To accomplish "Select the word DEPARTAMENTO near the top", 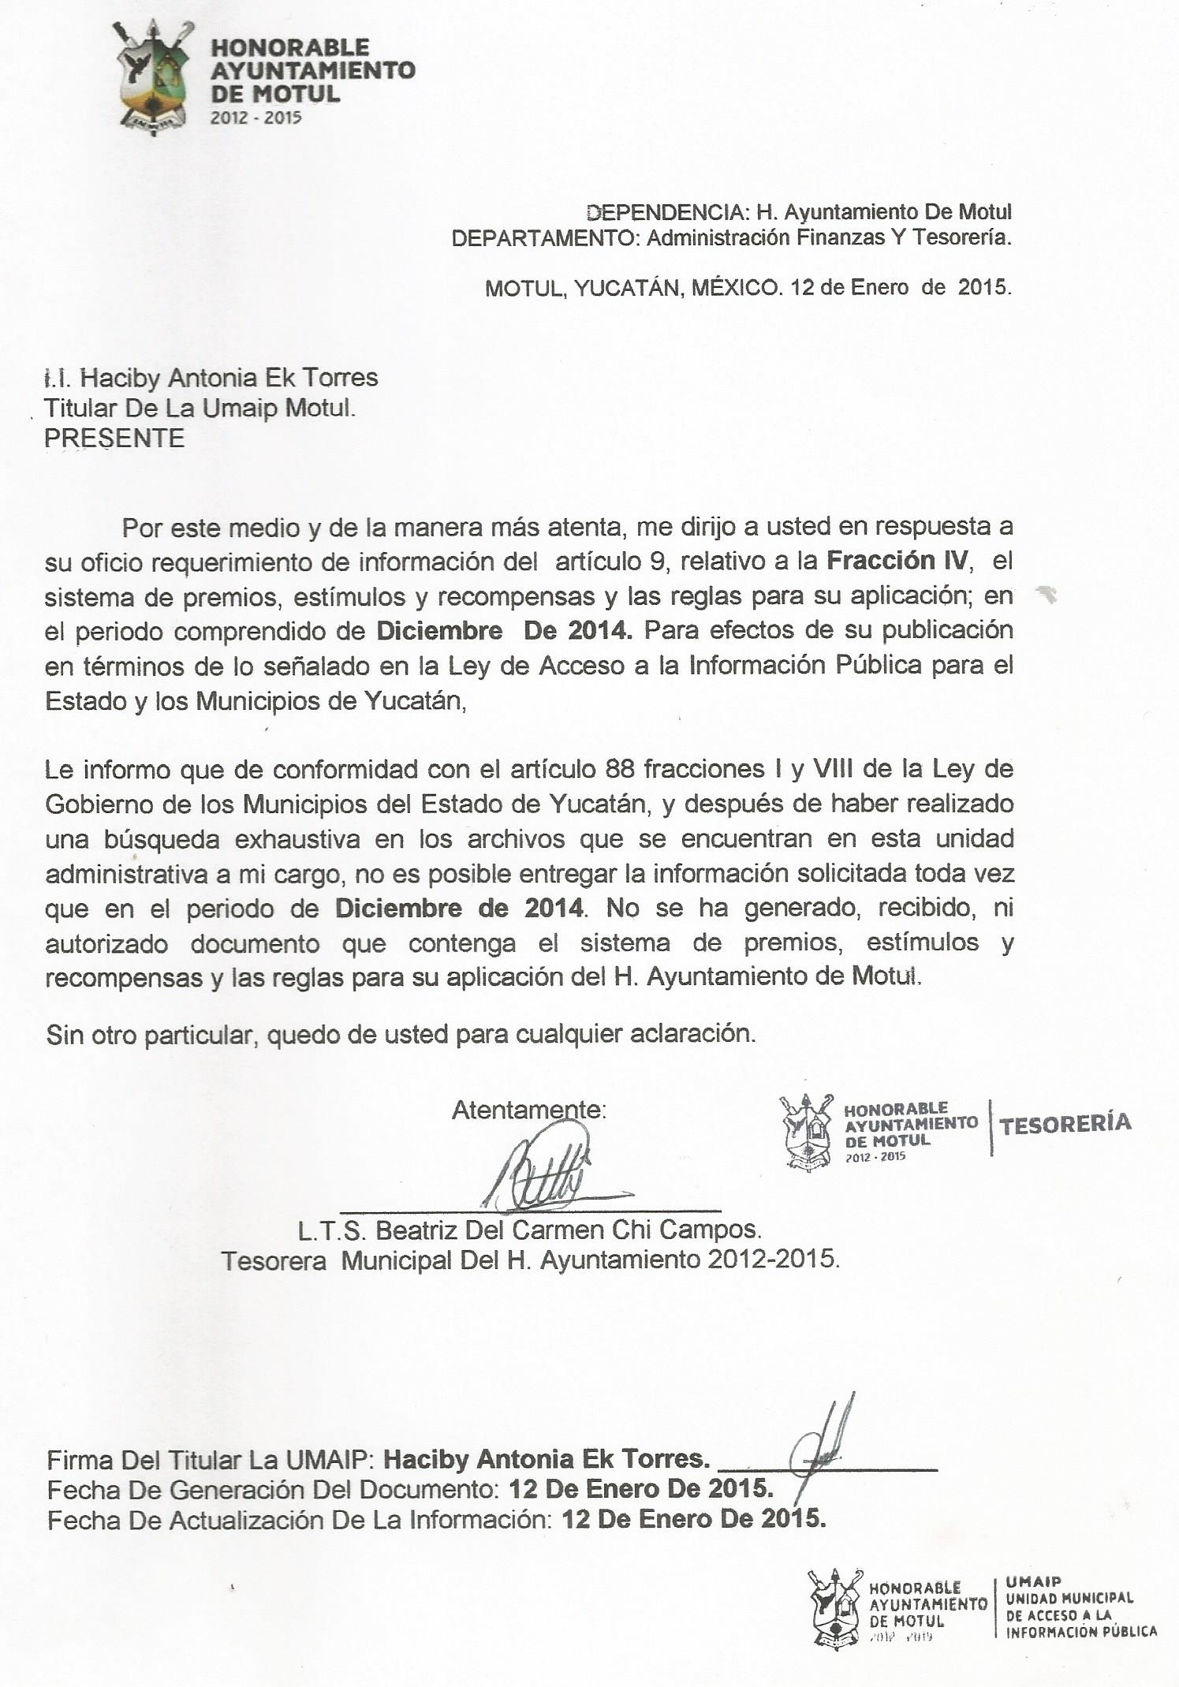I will point(543,238).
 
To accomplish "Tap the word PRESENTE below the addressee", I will point(114,439).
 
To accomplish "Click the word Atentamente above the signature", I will point(528,1110).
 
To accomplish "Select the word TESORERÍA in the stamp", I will point(1065,1124).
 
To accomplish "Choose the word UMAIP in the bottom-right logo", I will point(1033,1581).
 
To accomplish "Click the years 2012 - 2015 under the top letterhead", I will point(256,118).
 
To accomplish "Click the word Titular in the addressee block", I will point(79,409).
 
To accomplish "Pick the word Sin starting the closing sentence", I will point(65,1034).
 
